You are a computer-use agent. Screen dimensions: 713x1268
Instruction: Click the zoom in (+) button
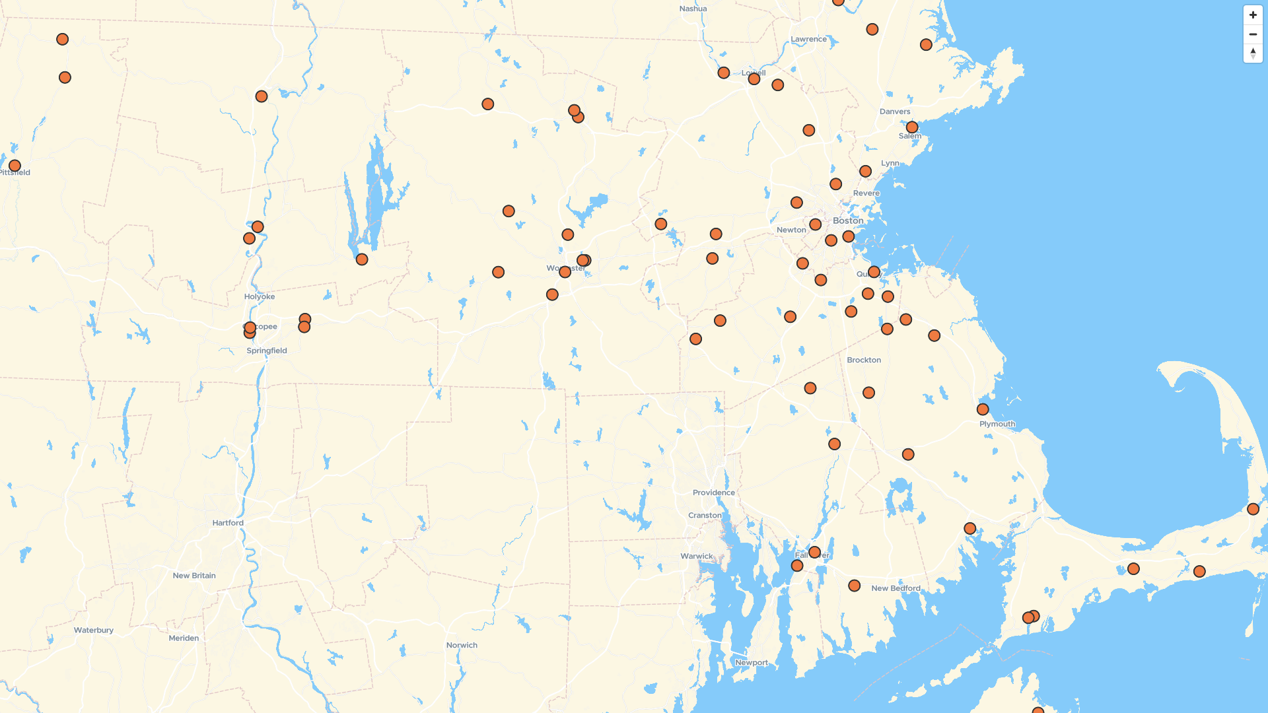(1253, 15)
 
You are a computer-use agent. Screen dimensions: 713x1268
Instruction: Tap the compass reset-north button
(1253, 53)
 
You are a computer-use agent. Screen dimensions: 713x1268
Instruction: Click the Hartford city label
(228, 523)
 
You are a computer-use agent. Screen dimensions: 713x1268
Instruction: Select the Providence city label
(713, 492)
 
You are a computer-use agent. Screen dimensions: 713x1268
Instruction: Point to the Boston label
(848, 221)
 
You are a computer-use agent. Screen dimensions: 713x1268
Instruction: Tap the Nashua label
(693, 9)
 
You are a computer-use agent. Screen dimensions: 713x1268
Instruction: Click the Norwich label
(462, 645)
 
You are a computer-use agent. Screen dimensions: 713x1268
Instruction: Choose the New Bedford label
(896, 588)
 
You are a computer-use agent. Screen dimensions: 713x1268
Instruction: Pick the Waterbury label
(94, 630)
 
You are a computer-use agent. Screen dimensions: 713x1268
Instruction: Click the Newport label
(752, 662)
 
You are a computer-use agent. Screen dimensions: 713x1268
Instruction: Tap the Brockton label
(864, 360)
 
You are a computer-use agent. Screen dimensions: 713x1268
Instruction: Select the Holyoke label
(260, 296)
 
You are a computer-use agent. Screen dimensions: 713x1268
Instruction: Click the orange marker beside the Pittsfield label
(15, 166)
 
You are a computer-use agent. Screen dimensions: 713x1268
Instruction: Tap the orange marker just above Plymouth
(983, 409)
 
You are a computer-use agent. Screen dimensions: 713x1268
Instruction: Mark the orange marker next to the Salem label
(912, 127)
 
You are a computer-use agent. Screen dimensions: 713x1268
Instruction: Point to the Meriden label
(184, 638)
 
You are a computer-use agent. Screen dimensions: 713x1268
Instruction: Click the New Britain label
(194, 576)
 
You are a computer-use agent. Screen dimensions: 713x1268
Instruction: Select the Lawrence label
(808, 39)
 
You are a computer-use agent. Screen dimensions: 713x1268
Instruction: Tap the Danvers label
(895, 112)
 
